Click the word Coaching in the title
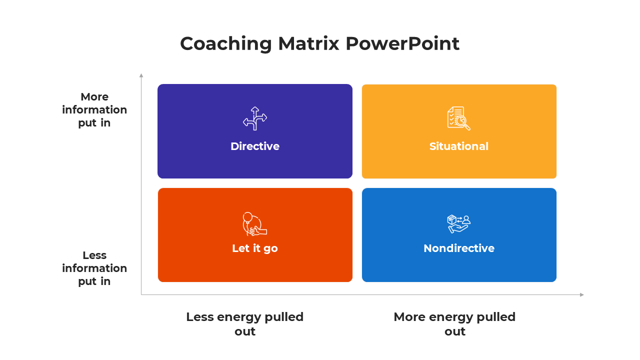(x=225, y=44)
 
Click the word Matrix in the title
(x=308, y=44)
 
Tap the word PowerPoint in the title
(x=402, y=44)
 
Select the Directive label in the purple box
(x=255, y=146)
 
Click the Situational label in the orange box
(x=458, y=146)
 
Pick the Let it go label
(x=255, y=248)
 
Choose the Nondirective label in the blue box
(x=458, y=248)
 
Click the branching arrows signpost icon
(x=255, y=118)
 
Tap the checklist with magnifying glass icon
(x=458, y=118)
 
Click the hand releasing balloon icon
(x=254, y=224)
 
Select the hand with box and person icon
(x=458, y=223)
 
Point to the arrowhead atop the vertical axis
(x=141, y=75)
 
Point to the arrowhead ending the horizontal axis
(x=582, y=294)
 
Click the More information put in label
(x=94, y=109)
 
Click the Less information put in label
(x=94, y=268)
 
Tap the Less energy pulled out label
(x=245, y=324)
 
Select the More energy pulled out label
(x=454, y=324)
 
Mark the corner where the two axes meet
(x=141, y=294)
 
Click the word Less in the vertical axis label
(x=94, y=255)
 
